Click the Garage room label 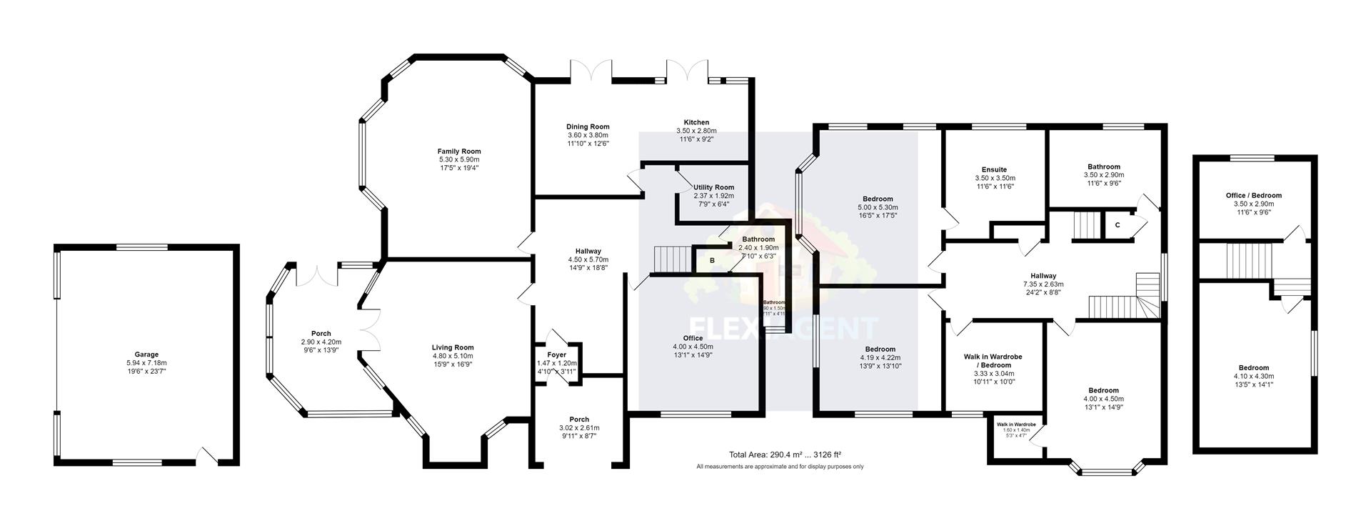146,354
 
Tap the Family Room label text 459,152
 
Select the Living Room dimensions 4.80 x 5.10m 453,356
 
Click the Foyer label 556,354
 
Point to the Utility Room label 713,187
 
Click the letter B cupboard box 712,262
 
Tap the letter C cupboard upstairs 1118,225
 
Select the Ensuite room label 994,169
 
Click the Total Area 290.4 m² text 784,455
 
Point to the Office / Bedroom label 1253,195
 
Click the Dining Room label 588,126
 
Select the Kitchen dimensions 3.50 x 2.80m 696,131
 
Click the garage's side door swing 206,455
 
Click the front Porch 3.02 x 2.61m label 579,420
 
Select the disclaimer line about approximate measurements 780,467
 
